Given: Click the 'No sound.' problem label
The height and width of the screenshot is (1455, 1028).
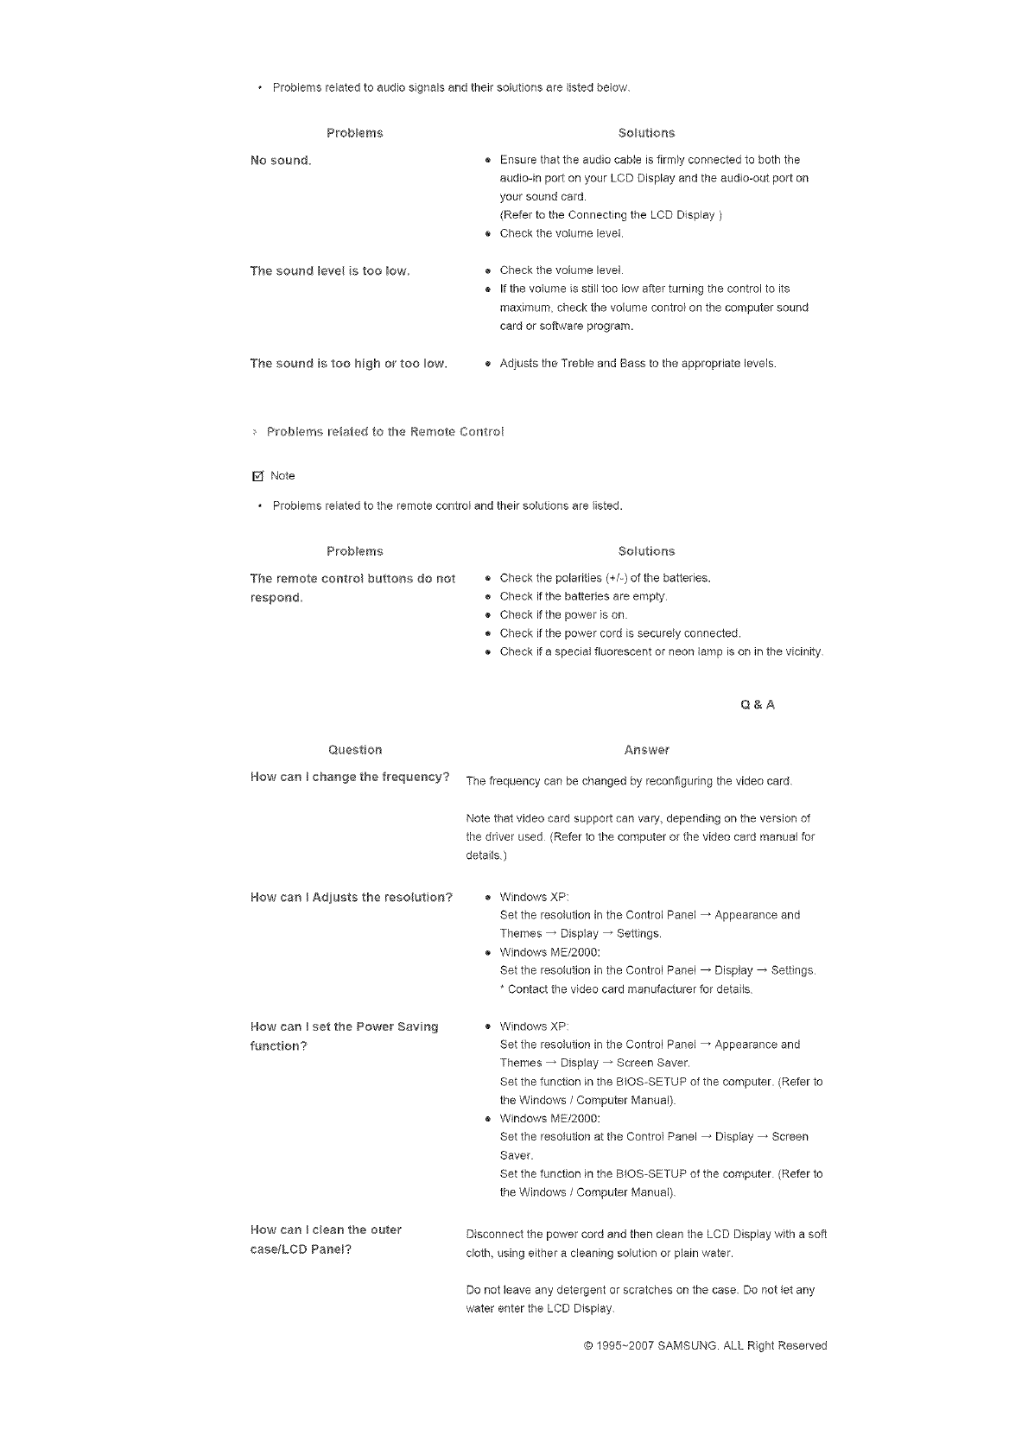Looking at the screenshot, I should click(280, 161).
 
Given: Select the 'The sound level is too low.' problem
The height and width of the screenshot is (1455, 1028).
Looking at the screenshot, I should click(329, 271).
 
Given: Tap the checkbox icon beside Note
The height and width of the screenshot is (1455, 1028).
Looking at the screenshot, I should click(256, 476).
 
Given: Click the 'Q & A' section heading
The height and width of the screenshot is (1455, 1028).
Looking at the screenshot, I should click(758, 705).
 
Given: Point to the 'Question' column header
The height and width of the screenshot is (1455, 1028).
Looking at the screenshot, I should click(355, 750).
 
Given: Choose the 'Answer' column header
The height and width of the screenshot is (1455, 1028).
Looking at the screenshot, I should click(646, 750).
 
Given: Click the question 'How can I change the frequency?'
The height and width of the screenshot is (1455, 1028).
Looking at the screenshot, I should click(349, 777).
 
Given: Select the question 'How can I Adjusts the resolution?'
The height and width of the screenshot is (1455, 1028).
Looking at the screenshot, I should click(351, 897).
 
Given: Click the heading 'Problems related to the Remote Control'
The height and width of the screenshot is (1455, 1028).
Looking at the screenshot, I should click(384, 431).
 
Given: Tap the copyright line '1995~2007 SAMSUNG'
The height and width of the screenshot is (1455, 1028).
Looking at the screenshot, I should click(705, 1345).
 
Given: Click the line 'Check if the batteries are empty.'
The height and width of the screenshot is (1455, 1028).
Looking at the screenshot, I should click(583, 596).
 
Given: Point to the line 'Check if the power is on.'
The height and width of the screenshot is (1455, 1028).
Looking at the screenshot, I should click(563, 615).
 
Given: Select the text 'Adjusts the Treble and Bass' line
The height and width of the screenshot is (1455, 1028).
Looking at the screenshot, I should click(638, 364).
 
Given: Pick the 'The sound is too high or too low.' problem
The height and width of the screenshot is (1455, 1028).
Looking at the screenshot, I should click(348, 364).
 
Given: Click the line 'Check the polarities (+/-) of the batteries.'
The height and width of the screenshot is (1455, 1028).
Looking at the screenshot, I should click(605, 578).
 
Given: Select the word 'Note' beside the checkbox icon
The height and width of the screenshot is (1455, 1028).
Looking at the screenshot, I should click(282, 476).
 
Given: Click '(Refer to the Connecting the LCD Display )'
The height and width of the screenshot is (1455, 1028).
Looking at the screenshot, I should click(611, 215).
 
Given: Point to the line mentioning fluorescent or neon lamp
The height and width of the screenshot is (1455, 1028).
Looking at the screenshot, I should click(661, 651).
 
